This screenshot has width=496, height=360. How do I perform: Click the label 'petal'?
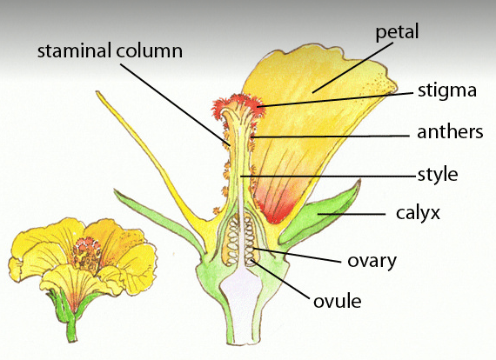tap(397, 32)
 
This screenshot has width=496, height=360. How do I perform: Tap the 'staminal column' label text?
tap(110, 50)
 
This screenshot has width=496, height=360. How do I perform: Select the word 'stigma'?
tap(447, 91)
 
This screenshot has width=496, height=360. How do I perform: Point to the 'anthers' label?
tap(450, 132)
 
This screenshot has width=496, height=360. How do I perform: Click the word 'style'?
tap(438, 175)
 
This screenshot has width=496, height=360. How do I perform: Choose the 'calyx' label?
tap(418, 213)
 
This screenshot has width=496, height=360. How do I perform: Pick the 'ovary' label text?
tap(372, 261)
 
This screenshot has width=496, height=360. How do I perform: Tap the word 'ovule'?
tap(338, 301)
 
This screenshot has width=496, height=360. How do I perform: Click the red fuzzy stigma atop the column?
tap(238, 104)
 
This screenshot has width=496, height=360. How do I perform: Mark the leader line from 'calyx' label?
tap(352, 214)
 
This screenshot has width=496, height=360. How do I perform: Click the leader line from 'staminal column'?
tap(175, 105)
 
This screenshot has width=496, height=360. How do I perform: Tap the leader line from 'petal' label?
tap(352, 68)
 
